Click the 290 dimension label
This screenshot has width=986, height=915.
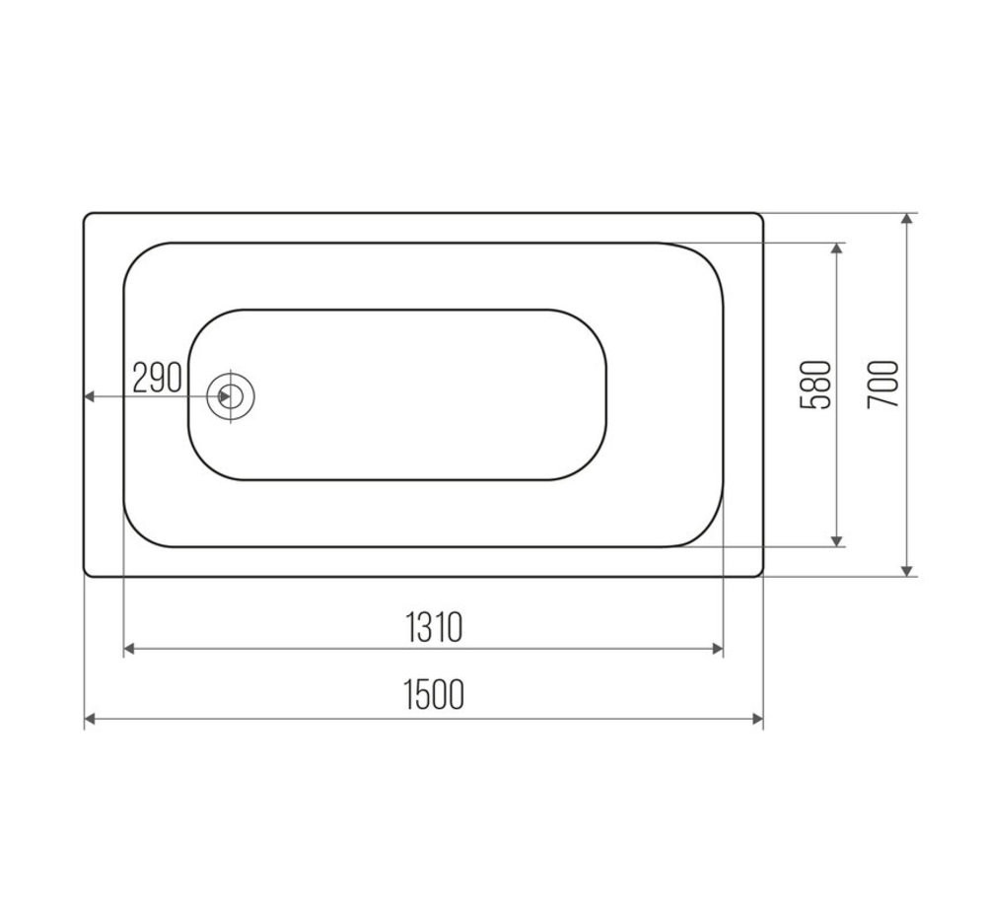pos(157,378)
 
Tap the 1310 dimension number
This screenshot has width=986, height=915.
pos(434,627)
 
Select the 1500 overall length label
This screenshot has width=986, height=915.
pos(434,694)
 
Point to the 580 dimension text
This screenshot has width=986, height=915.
pos(815,385)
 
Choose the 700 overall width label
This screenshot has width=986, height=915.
pos(882,385)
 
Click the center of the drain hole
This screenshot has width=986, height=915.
pos(231,396)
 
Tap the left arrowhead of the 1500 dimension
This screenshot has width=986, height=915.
pos(90,718)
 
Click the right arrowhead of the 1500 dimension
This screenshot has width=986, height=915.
pos(757,718)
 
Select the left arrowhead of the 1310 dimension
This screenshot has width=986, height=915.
pos(129,649)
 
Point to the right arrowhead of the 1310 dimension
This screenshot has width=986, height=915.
pos(717,649)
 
